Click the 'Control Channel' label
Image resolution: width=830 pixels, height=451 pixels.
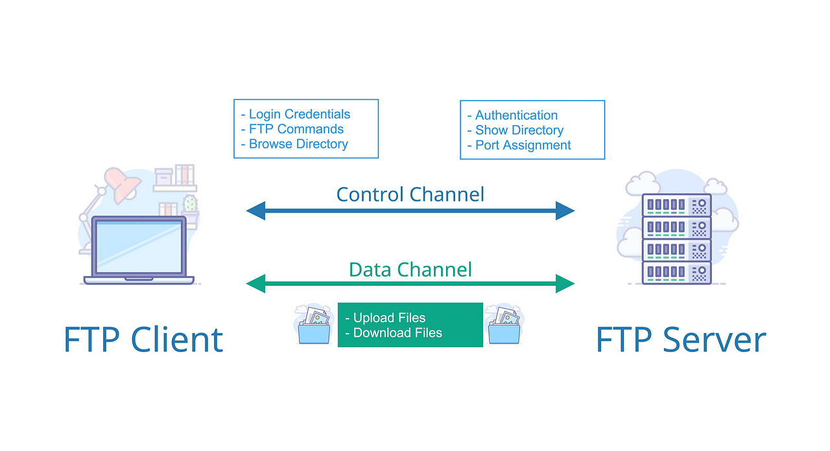tap(410, 194)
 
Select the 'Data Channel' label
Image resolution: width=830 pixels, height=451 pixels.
tap(410, 269)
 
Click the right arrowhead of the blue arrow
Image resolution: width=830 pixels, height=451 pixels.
tap(565, 210)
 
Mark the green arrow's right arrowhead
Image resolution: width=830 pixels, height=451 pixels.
tap(565, 283)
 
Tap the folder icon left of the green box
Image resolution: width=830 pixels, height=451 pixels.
tap(314, 325)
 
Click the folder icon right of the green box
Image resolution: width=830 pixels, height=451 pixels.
tap(504, 325)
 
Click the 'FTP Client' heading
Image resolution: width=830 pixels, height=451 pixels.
tap(143, 339)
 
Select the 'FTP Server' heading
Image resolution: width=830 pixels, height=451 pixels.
tap(680, 339)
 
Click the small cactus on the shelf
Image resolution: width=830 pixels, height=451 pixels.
tap(190, 204)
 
